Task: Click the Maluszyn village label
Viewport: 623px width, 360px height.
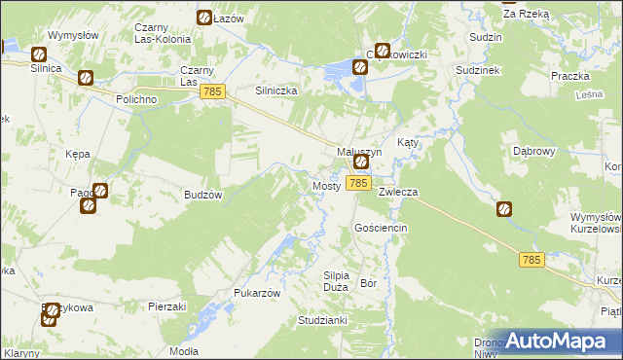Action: click(x=359, y=152)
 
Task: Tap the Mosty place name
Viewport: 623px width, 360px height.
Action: click(x=325, y=185)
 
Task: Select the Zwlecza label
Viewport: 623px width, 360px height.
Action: click(x=398, y=192)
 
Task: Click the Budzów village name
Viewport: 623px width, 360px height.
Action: click(x=203, y=195)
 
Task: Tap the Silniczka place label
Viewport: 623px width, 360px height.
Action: click(x=275, y=90)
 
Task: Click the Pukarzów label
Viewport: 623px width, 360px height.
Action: click(x=257, y=293)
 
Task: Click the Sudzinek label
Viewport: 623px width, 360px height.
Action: click(x=481, y=71)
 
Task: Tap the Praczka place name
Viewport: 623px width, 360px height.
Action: click(x=570, y=76)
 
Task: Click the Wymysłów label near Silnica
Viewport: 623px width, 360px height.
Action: click(x=74, y=35)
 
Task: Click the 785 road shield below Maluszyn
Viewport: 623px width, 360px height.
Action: click(x=358, y=183)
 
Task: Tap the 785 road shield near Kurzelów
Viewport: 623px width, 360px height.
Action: click(x=531, y=259)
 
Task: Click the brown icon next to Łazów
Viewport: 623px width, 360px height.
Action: click(x=204, y=18)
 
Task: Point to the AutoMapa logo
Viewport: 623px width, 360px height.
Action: click(x=556, y=342)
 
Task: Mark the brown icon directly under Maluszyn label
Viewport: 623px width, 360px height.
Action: click(x=360, y=163)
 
